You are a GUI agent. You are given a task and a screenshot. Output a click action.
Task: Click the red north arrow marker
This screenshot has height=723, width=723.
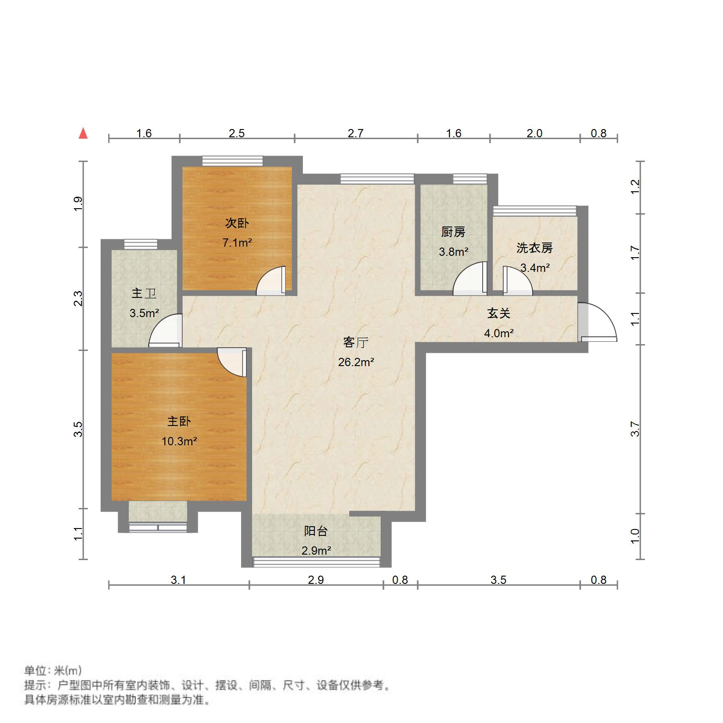pyautogui.click(x=83, y=133)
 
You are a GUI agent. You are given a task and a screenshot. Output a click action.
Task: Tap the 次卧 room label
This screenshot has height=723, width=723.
pyautogui.click(x=237, y=223)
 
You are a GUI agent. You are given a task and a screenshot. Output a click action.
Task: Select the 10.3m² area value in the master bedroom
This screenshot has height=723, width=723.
pyautogui.click(x=179, y=441)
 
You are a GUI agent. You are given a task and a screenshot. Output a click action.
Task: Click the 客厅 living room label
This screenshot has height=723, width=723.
pyautogui.click(x=356, y=342)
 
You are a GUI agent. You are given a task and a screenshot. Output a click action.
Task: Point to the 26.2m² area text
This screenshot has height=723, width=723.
pyautogui.click(x=356, y=362)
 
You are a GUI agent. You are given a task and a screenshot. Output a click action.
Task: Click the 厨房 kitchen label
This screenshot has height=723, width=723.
pyautogui.click(x=453, y=232)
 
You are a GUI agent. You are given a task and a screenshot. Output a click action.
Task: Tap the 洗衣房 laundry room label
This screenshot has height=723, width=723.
pyautogui.click(x=534, y=248)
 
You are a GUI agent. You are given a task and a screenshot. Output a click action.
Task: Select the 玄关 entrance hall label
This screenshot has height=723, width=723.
pyautogui.click(x=498, y=313)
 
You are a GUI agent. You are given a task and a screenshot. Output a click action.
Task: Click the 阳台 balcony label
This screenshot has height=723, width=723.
pyautogui.click(x=316, y=531)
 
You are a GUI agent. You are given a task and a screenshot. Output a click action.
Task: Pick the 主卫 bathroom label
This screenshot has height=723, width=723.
pyautogui.click(x=144, y=293)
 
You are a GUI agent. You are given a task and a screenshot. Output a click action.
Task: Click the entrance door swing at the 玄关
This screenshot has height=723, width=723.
pyautogui.click(x=598, y=323)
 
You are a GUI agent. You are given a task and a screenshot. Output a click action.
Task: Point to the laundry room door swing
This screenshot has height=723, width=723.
pyautogui.click(x=518, y=281)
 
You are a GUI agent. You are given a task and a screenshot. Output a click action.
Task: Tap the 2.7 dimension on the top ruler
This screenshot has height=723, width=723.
pyautogui.click(x=356, y=133)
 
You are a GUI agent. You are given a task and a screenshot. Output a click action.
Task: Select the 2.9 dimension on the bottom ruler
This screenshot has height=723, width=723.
pyautogui.click(x=316, y=580)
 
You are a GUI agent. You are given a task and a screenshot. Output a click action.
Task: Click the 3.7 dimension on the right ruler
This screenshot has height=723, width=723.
pyautogui.click(x=635, y=429)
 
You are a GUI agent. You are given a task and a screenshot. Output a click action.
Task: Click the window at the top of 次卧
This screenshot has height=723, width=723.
pyautogui.click(x=233, y=161)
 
